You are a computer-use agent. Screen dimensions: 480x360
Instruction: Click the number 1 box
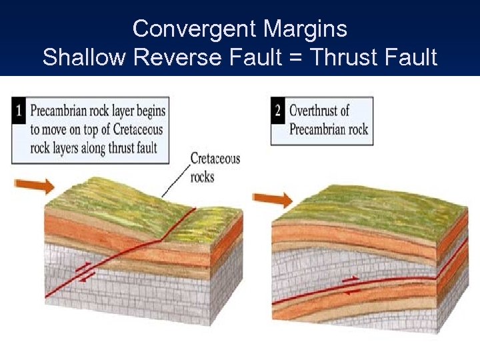click(x=20, y=110)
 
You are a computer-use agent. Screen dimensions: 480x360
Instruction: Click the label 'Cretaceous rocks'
click(x=214, y=167)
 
